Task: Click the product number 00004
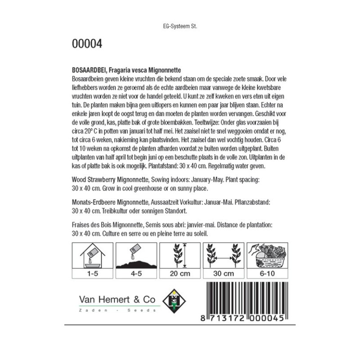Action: (87, 44)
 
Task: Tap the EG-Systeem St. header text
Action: (180, 26)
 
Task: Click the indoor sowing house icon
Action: (93, 256)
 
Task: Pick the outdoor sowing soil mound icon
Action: (136, 256)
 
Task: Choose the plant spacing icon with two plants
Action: (224, 256)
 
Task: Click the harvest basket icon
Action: (267, 256)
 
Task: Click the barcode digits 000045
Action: (268, 318)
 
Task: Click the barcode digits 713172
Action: (227, 318)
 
